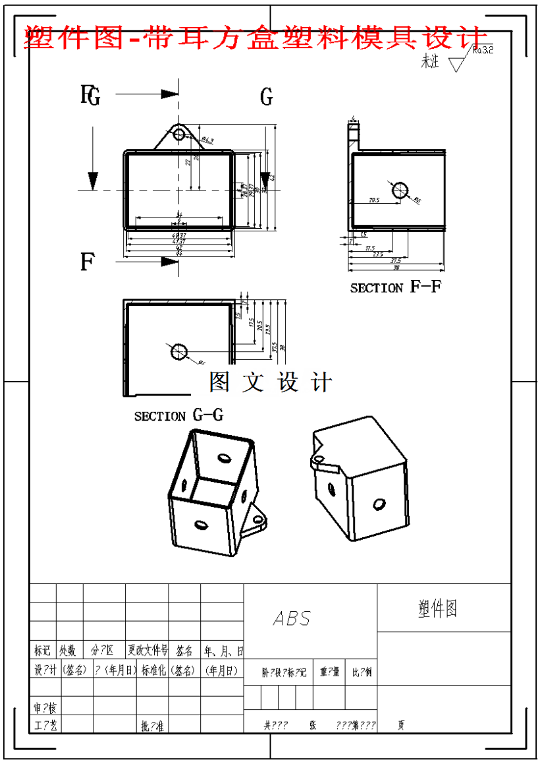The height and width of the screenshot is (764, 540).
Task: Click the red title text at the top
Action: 257,38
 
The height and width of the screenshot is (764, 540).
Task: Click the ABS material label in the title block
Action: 292,618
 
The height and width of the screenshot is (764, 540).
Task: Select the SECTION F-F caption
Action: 395,287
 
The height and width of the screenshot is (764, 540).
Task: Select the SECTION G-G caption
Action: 178,416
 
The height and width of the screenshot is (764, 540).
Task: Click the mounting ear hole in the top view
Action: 178,134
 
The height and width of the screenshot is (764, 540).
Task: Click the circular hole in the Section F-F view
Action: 400,191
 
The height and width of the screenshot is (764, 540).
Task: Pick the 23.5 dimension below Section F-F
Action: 378,254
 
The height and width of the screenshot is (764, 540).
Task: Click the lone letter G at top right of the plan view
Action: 266,98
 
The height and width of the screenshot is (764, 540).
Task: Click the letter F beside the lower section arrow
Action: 87,262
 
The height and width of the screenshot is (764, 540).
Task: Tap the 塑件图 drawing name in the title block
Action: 437,608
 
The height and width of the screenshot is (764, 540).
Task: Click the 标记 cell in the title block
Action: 42,651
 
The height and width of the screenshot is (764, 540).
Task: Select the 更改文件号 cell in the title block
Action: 148,651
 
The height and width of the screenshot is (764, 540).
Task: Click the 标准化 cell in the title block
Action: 152,670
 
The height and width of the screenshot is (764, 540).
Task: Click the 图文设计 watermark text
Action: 271,382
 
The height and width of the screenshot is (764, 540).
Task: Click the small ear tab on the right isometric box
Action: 321,460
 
